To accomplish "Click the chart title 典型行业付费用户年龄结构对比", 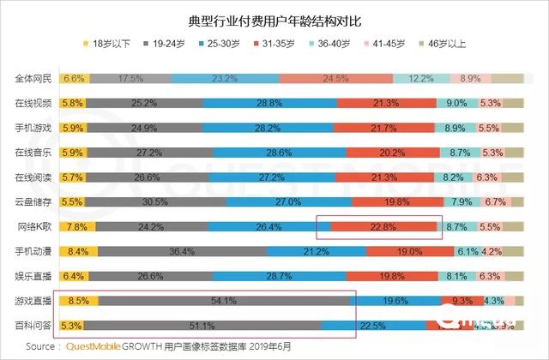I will tap(274, 18).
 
